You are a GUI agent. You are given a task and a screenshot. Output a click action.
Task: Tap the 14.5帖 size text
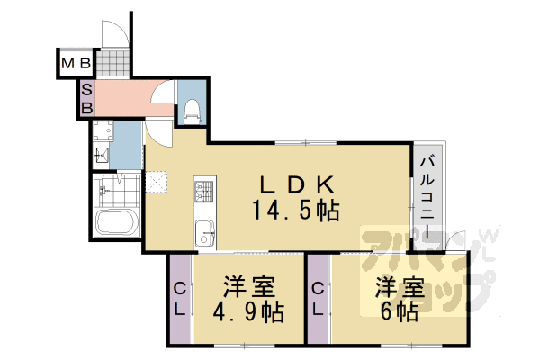298,211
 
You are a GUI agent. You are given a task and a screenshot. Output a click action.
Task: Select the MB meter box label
76,64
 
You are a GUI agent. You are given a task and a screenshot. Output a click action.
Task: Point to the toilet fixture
191,110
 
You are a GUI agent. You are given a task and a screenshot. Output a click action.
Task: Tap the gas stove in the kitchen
202,192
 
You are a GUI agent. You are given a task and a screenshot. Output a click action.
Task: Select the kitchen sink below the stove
203,231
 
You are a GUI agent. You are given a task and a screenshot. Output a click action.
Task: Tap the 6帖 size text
399,313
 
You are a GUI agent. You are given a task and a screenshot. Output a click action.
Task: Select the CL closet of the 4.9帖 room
180,300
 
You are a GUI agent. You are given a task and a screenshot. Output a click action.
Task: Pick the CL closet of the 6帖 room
319,300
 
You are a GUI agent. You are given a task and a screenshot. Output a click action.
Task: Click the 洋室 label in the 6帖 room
399,288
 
